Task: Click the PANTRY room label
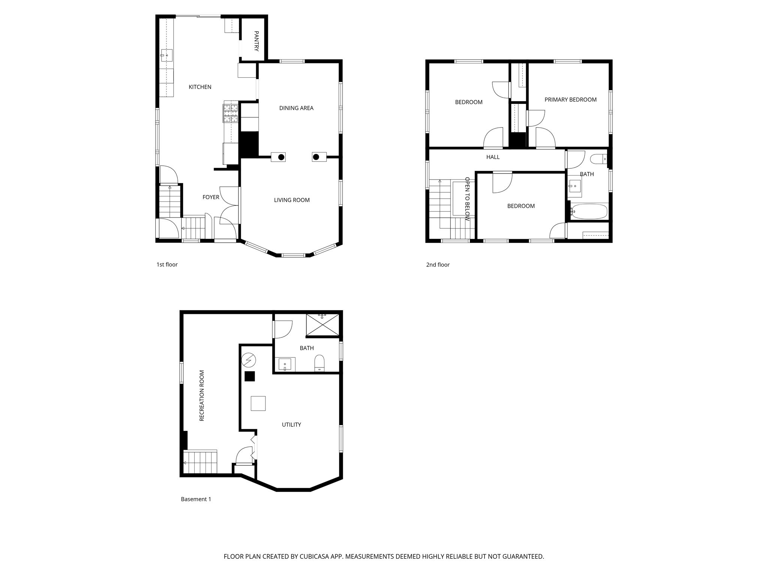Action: click(256, 41)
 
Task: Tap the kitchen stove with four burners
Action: click(231, 113)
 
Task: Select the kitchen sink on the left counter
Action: click(166, 55)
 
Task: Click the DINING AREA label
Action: click(296, 108)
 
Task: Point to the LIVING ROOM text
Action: click(292, 200)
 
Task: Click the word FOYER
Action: click(211, 197)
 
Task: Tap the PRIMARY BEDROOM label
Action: click(570, 99)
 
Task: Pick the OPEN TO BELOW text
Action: click(467, 199)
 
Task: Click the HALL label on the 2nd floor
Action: click(493, 157)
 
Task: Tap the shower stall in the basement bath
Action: click(322, 324)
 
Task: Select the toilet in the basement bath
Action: click(319, 363)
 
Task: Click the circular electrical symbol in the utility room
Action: click(248, 360)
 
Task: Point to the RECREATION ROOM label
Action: click(202, 395)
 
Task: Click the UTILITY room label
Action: click(291, 424)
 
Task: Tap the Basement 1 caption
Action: click(196, 499)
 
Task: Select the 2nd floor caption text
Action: click(438, 265)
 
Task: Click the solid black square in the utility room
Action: click(250, 376)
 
